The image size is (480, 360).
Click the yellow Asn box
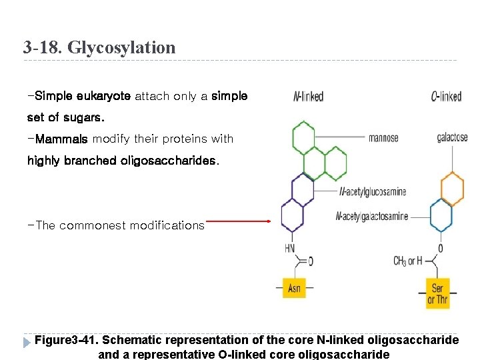coord(294,288)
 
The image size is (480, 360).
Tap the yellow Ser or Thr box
coord(437,293)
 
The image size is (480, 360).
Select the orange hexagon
coord(452,188)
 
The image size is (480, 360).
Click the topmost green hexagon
coord(303,138)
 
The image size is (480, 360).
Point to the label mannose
coord(383,138)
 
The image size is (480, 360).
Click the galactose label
coord(452,138)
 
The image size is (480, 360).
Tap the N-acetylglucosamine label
coord(373,192)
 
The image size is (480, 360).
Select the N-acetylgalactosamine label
coord(372,216)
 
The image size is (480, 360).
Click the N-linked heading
coord(308,97)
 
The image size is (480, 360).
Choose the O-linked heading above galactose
coord(446,97)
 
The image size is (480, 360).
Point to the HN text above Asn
coord(290,248)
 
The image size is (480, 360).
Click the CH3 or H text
coord(408,261)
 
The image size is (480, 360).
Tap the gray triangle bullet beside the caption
coord(27,342)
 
